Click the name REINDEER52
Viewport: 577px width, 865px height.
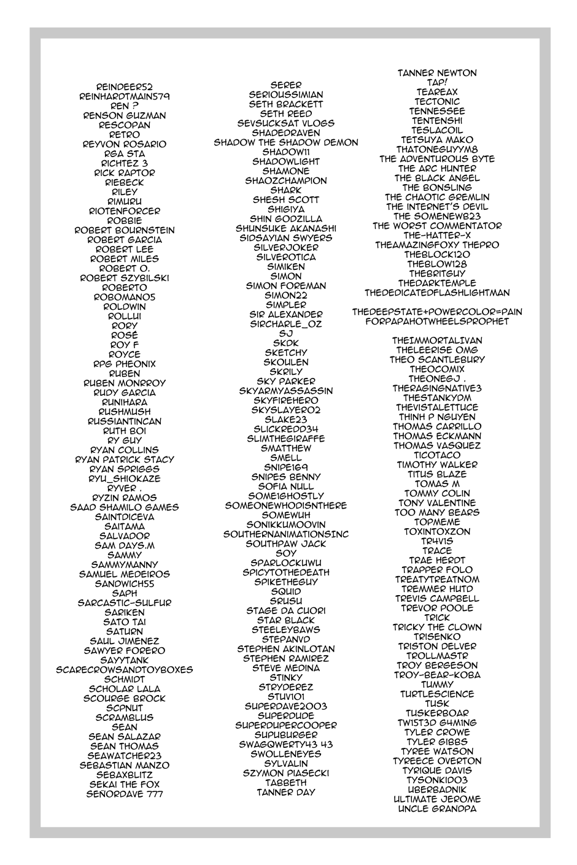point(125,87)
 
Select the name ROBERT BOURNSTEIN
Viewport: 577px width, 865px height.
point(125,230)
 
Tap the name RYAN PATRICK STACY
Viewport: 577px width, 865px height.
point(125,459)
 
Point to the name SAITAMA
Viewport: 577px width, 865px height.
point(125,526)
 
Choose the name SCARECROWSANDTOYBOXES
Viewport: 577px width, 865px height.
point(125,669)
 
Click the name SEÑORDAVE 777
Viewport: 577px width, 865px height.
point(125,794)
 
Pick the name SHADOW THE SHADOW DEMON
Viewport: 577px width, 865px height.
point(286,142)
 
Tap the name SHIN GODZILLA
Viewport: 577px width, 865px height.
point(286,218)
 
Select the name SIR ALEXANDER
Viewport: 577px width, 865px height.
point(286,314)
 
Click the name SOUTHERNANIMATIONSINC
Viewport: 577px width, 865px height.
point(286,534)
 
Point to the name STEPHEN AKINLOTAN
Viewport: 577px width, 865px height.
point(286,648)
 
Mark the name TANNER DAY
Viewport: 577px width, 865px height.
point(286,792)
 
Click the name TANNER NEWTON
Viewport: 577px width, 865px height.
point(437,73)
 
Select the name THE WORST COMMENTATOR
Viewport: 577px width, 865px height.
point(437,226)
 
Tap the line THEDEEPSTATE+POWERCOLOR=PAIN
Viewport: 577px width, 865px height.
point(437,312)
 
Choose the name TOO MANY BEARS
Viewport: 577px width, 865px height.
point(437,512)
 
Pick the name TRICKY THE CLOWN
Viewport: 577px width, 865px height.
point(437,627)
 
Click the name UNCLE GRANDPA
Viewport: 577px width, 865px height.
point(437,809)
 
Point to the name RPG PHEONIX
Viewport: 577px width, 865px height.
point(125,364)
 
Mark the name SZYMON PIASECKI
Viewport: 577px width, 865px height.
point(286,773)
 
